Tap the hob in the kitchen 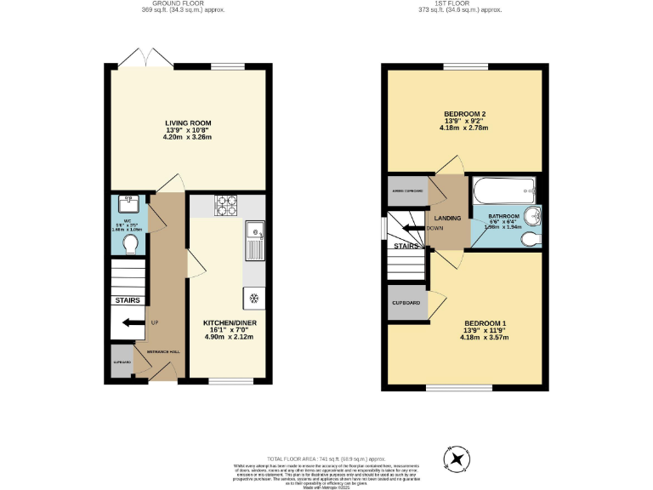click(228, 205)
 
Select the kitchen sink click(254, 240)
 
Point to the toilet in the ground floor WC click(130, 244)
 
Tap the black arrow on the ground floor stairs click(133, 323)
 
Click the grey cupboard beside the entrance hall click(121, 361)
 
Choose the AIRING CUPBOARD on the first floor click(408, 191)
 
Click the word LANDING click(448, 219)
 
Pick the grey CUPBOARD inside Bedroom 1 click(406, 303)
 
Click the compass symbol click(458, 459)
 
